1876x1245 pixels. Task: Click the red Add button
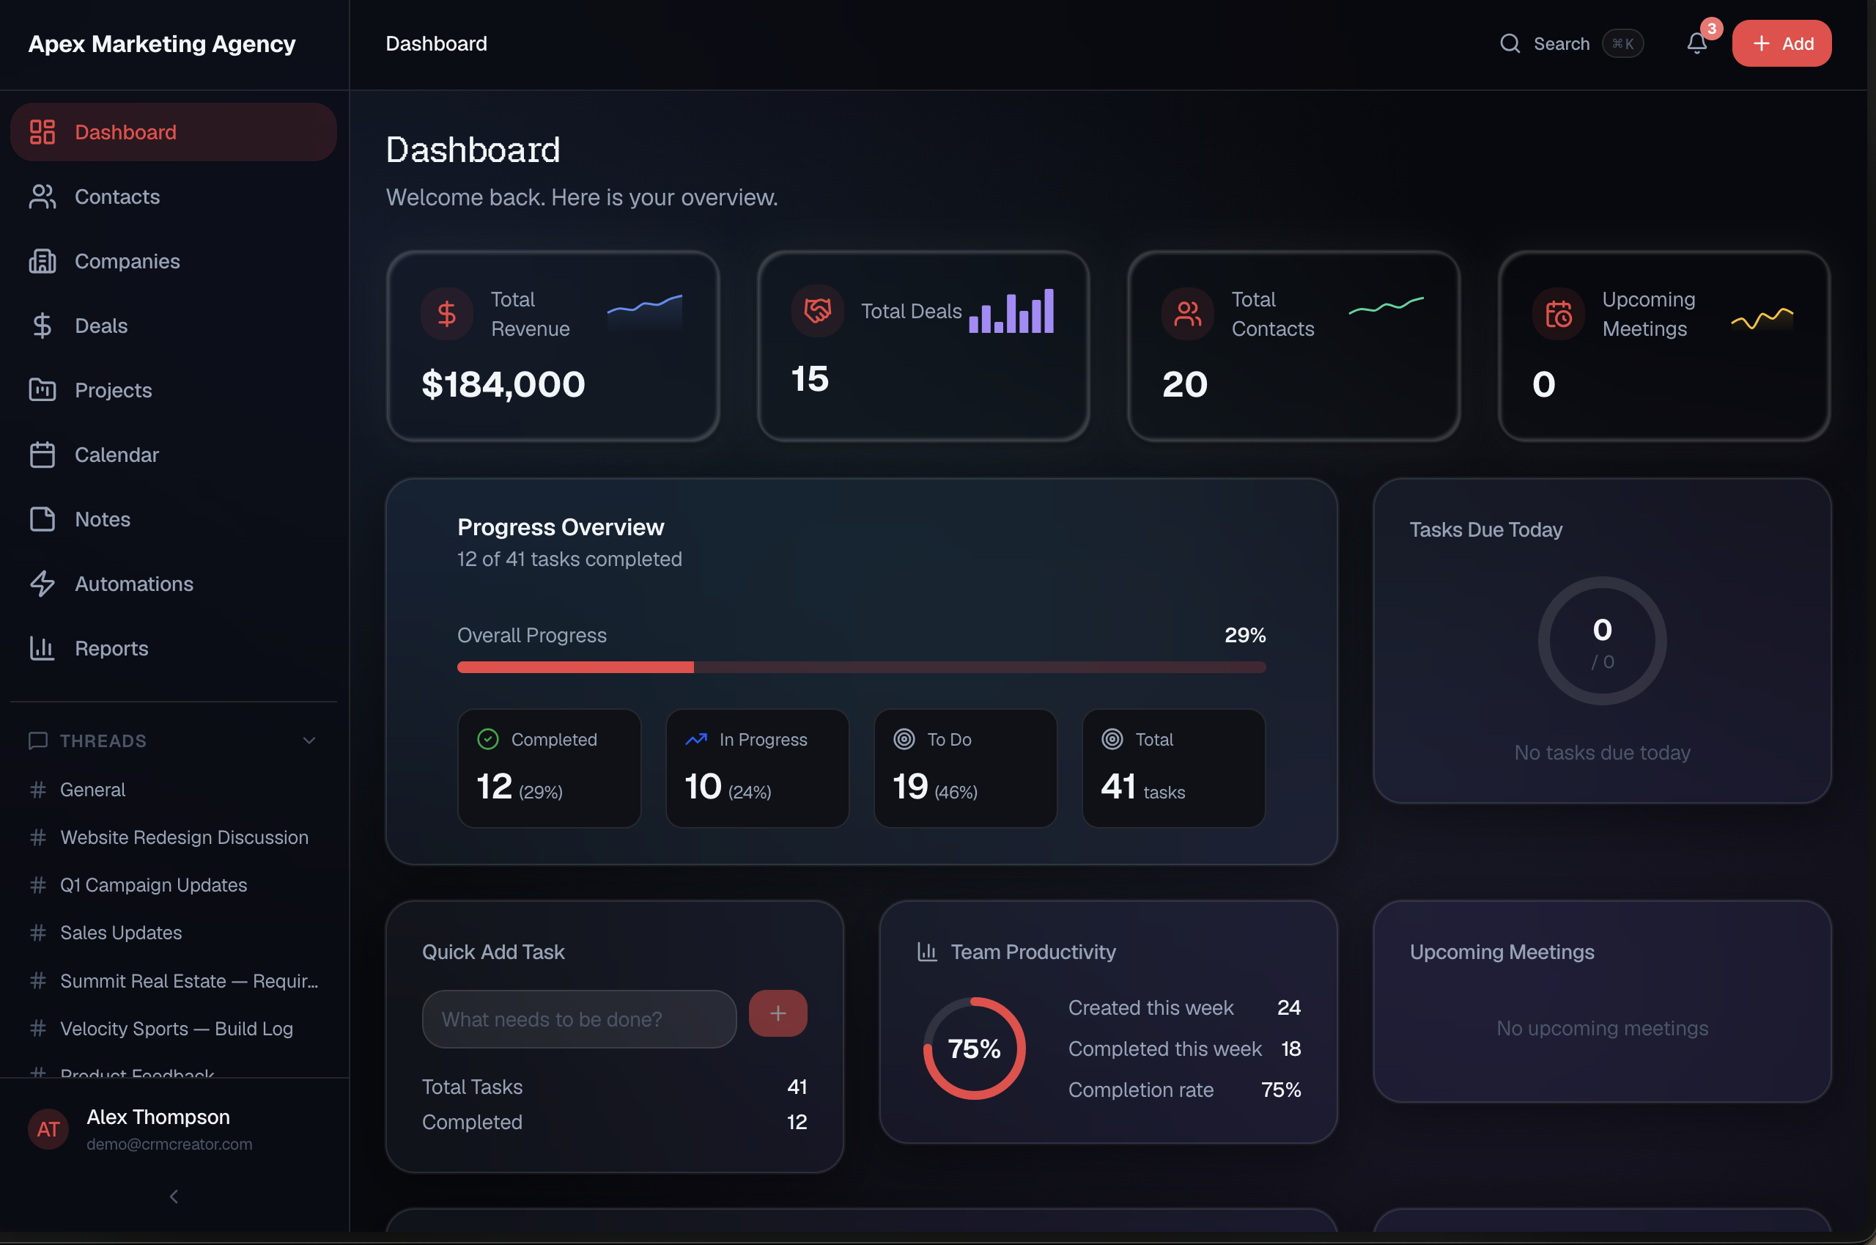point(1781,44)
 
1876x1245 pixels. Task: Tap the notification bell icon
point(1696,44)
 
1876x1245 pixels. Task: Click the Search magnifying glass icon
point(1510,44)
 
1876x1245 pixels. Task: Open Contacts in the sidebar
point(117,197)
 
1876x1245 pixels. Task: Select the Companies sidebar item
point(127,261)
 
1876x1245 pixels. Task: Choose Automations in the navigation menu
point(133,584)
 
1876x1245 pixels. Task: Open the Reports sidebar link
point(111,648)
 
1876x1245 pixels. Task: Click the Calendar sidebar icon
point(42,455)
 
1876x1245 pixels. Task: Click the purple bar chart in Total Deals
point(1011,311)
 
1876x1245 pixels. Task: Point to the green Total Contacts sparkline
point(1386,306)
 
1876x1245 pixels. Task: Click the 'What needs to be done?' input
point(578,1018)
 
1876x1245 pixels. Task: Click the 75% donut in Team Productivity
point(974,1048)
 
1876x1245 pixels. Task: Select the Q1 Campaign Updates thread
point(153,884)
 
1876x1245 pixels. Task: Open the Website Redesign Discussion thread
point(184,837)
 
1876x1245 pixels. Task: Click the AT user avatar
point(48,1128)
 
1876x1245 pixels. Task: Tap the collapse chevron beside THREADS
point(309,741)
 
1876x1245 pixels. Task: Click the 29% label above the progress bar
point(1244,635)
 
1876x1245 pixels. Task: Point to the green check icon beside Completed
point(487,739)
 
